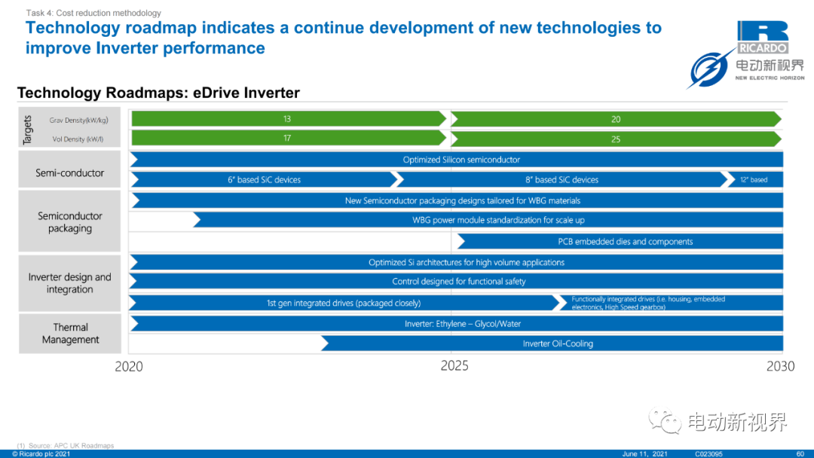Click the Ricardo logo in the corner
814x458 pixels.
(763, 38)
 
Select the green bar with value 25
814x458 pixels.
(617, 139)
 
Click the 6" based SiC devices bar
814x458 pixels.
(265, 179)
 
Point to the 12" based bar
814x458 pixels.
(754, 179)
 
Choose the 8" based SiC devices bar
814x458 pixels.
(562, 179)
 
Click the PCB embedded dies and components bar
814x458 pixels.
(620, 241)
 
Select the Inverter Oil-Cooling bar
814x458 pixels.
(552, 343)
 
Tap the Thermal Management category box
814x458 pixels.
(70, 334)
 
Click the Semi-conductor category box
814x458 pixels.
(69, 169)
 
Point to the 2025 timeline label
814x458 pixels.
(454, 365)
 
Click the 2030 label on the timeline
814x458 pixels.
(780, 366)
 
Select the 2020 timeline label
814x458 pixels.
(129, 367)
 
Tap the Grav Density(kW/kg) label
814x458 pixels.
(79, 121)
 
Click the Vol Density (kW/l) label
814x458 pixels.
(78, 139)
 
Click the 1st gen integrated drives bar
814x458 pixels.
(344, 303)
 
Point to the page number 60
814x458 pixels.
(800, 453)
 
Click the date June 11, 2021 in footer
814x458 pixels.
(644, 453)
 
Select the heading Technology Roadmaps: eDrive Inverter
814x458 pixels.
(158, 93)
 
